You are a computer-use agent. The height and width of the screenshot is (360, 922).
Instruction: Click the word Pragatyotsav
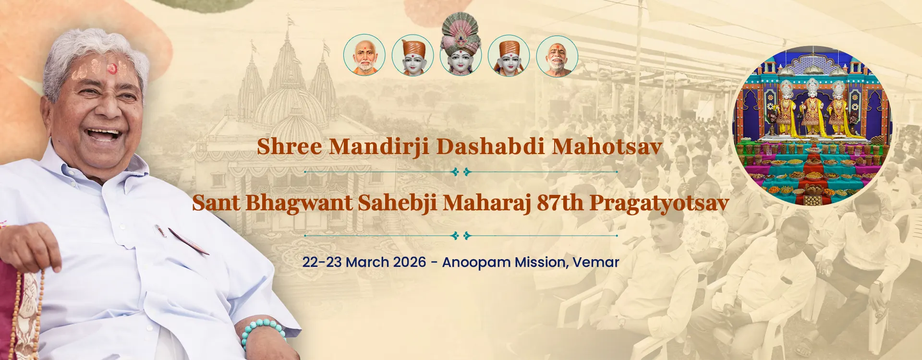click(659, 203)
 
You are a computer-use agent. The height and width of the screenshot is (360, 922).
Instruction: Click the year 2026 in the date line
click(410, 262)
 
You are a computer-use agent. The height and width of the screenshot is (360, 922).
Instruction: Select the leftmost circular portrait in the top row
click(364, 55)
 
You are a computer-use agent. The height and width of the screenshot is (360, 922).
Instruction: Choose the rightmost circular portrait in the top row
click(557, 56)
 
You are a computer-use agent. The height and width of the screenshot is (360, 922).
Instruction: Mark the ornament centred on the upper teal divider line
click(461, 171)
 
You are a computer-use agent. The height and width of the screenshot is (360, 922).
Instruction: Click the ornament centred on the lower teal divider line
click(461, 236)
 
